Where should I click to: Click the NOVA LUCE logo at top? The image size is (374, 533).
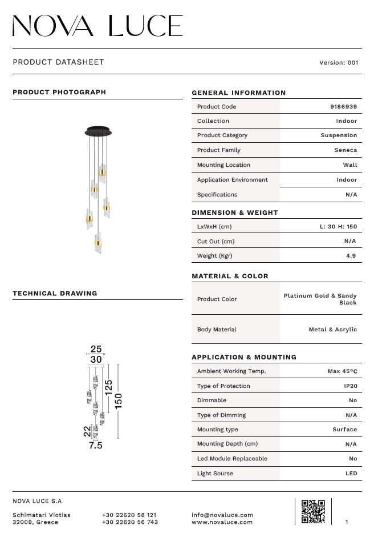point(97,26)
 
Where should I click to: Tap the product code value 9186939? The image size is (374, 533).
point(343,107)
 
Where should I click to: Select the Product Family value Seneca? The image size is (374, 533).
point(345,150)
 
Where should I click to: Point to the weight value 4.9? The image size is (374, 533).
point(351,256)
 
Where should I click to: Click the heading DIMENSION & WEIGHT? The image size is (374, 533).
point(235,213)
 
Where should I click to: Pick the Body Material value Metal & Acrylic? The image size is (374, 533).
point(333,330)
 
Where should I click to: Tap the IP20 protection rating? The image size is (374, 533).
point(351,386)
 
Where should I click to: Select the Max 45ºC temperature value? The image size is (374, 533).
point(342,371)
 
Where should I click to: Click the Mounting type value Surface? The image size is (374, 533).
point(345,430)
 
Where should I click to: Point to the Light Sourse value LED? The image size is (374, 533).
point(351,474)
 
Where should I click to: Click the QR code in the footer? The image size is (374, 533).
point(313,511)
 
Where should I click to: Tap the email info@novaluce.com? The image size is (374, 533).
point(222,515)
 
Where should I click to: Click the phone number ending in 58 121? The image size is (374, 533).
point(129,515)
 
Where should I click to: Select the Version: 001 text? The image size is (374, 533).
point(339,62)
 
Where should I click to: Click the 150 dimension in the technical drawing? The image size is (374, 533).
point(119,400)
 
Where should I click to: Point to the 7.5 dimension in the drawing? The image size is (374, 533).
point(96,446)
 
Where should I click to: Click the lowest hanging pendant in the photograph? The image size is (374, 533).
point(98,244)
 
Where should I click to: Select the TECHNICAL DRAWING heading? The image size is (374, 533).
point(55,294)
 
